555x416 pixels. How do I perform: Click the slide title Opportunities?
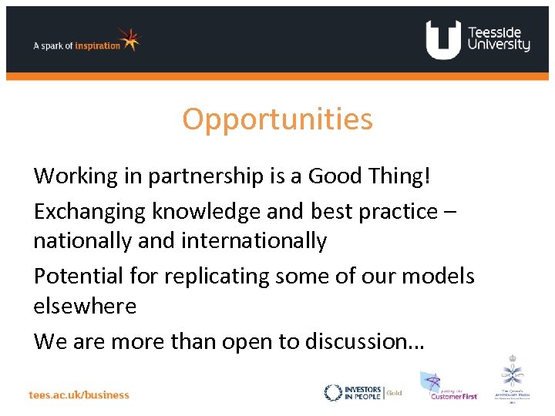277,119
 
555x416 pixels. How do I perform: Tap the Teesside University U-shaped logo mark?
442,40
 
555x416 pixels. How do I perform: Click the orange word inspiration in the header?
98,45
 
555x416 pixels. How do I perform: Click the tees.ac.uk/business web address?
79,394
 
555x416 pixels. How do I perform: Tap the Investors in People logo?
354,392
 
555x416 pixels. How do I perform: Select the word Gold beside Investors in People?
394,392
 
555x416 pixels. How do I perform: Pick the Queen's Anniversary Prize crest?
513,380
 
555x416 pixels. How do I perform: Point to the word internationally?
254,241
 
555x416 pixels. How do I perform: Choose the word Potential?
79,275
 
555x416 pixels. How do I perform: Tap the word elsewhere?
85,306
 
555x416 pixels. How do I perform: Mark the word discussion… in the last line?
365,340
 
